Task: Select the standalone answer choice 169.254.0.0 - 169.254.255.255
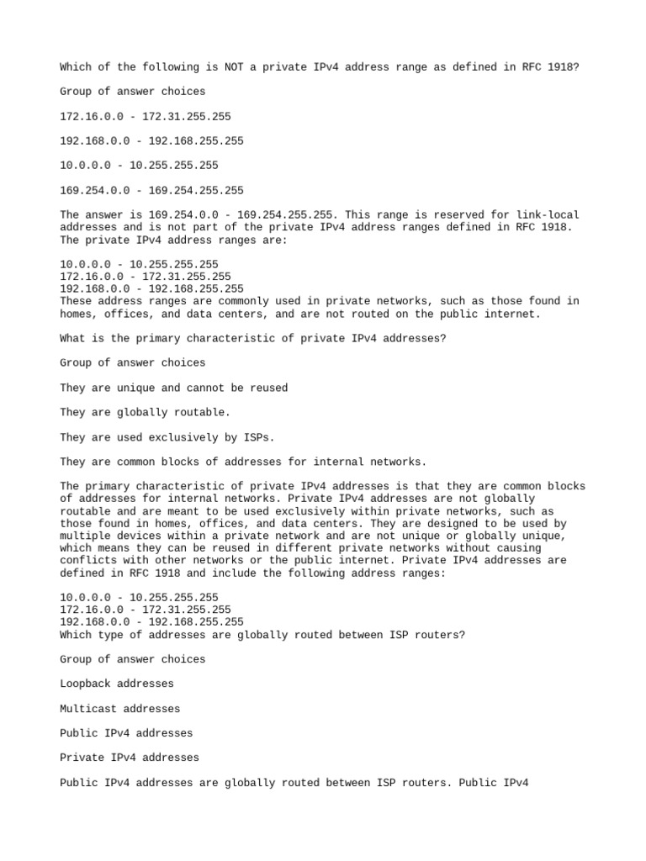pyautogui.click(x=151, y=191)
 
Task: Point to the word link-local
pyautogui.click(x=546, y=215)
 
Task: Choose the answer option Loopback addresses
pyautogui.click(x=117, y=684)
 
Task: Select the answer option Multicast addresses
pyautogui.click(x=120, y=709)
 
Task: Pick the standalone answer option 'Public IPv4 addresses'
pyautogui.click(x=126, y=733)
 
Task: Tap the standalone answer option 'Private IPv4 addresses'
pyautogui.click(x=130, y=758)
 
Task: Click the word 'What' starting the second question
pyautogui.click(x=73, y=338)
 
